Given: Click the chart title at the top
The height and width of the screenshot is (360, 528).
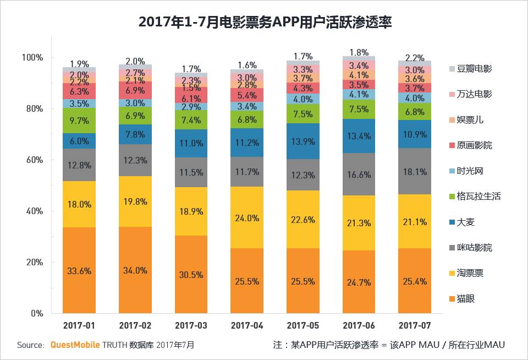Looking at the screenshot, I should tap(264, 21).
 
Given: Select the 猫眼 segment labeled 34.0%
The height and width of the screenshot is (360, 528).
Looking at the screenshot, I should tap(135, 270).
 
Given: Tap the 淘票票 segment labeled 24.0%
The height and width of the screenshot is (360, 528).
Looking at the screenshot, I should tap(247, 217).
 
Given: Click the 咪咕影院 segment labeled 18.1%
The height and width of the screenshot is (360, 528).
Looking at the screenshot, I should tap(415, 171).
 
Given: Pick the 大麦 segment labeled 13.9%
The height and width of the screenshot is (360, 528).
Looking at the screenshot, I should tap(303, 141).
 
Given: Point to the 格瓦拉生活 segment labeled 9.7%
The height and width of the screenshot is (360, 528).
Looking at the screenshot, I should tap(79, 121).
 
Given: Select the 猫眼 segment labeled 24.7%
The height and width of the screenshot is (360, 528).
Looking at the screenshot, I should tap(359, 282).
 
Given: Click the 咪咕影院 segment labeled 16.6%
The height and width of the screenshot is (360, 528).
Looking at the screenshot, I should tap(359, 174).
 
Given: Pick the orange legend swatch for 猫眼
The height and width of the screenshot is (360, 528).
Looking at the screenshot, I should tap(452, 299).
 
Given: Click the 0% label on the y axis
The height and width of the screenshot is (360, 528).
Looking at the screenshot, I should tap(36, 313).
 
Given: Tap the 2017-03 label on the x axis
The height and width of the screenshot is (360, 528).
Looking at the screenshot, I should tap(191, 326).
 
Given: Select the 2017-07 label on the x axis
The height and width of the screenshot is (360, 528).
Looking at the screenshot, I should tap(415, 326).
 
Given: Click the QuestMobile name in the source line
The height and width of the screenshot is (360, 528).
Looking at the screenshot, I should tap(75, 345).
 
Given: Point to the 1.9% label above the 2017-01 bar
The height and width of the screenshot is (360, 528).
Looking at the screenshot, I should tap(79, 64).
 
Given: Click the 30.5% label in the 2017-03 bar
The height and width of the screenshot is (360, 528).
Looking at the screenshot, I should tap(191, 274).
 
